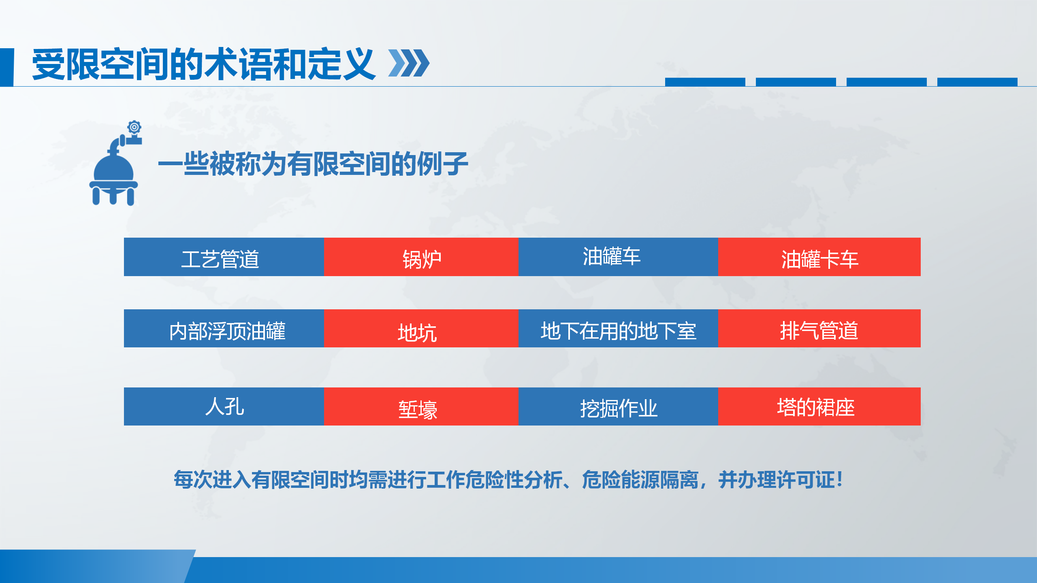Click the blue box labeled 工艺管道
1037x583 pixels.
click(224, 257)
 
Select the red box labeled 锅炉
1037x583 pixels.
click(421, 257)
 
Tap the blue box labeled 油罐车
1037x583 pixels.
click(618, 257)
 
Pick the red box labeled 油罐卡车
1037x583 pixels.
click(819, 257)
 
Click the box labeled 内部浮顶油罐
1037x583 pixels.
click(224, 328)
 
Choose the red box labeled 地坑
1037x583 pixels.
click(421, 328)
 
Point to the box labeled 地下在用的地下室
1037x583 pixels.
click(618, 328)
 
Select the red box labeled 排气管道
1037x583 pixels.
click(819, 328)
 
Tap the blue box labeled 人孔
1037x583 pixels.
click(224, 406)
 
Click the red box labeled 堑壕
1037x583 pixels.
click(421, 406)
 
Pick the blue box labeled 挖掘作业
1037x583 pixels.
click(618, 406)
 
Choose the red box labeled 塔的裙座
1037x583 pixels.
click(819, 406)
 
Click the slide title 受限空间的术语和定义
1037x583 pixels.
click(203, 64)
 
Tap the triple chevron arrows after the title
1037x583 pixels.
click(409, 63)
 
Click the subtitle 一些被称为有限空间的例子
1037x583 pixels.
click(313, 164)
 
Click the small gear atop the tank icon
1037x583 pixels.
click(134, 127)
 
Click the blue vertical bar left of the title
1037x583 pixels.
click(7, 67)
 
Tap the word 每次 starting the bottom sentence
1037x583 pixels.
click(193, 480)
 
